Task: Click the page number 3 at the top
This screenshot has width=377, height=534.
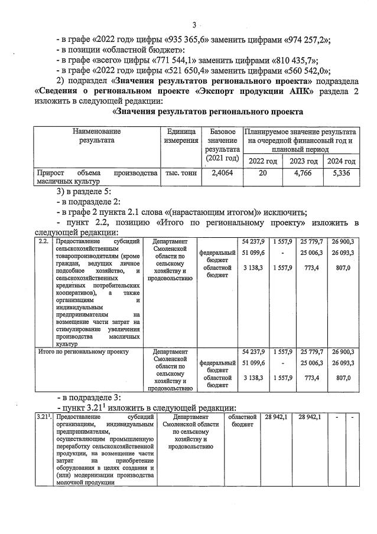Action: [193, 24]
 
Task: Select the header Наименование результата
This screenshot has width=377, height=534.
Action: [96, 136]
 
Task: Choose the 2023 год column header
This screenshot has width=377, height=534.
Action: [304, 161]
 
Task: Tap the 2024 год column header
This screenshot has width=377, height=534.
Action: [342, 161]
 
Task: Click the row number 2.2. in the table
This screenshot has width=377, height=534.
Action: [43, 241]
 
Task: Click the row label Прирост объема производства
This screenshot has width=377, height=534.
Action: [96, 178]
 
